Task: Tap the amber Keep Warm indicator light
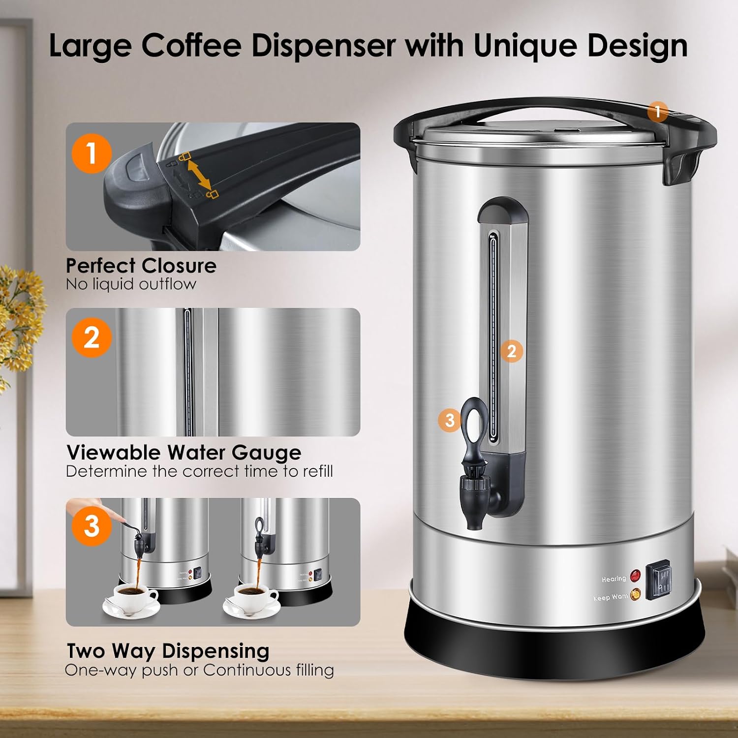tap(636, 594)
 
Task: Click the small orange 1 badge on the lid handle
tap(657, 112)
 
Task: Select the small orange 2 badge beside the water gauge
tap(512, 351)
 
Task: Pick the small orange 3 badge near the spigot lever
tap(449, 421)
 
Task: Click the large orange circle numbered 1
tap(92, 154)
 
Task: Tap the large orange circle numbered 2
tap(92, 338)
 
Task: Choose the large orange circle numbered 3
tap(92, 525)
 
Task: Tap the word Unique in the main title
tap(525, 46)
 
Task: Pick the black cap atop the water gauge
tap(502, 209)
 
